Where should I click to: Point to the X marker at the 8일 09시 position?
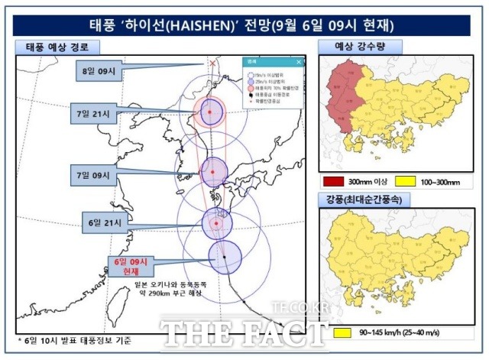212,64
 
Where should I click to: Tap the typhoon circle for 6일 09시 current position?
225,257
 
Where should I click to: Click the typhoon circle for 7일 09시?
214,172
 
